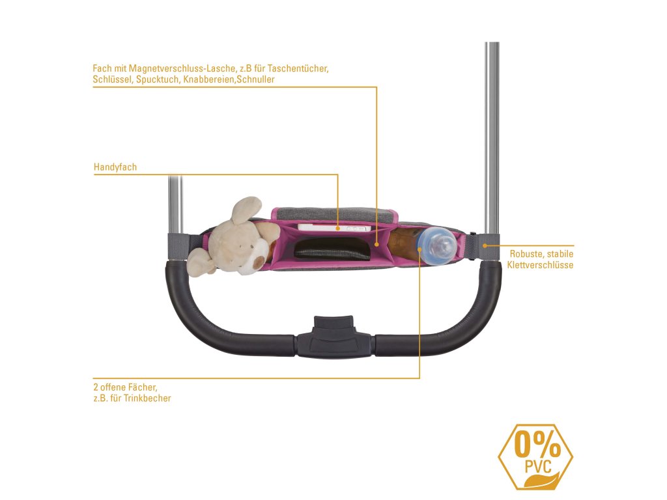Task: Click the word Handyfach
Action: point(115,167)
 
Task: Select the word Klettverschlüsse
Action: point(540,265)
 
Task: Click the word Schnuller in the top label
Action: point(256,79)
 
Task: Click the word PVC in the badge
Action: point(537,466)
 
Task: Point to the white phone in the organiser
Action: point(332,228)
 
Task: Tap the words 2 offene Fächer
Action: point(125,387)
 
